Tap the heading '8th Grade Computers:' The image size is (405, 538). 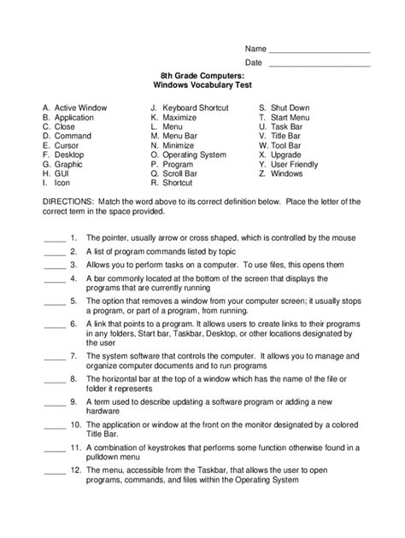(202, 76)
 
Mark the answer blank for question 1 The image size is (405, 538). (53, 237)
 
